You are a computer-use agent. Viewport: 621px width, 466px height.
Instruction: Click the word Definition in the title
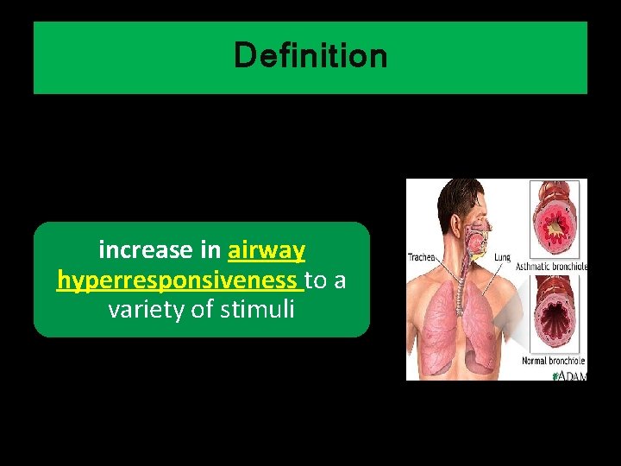[310, 57]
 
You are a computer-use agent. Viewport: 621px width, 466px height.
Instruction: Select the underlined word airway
[267, 251]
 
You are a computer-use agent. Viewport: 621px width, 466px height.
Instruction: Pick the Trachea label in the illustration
[423, 257]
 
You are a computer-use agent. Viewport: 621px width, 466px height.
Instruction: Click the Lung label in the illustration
[503, 257]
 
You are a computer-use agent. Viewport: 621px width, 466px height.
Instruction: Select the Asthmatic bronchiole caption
[552, 267]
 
